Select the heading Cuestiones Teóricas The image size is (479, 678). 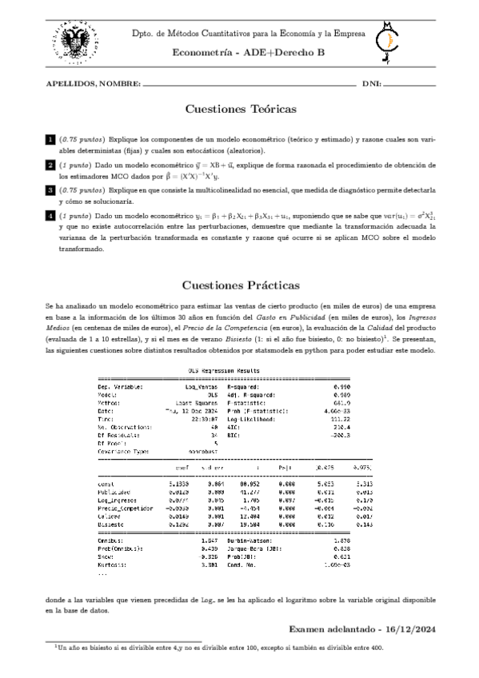click(239, 109)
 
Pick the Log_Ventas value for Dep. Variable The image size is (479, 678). click(202, 387)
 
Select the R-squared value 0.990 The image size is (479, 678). click(341, 387)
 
